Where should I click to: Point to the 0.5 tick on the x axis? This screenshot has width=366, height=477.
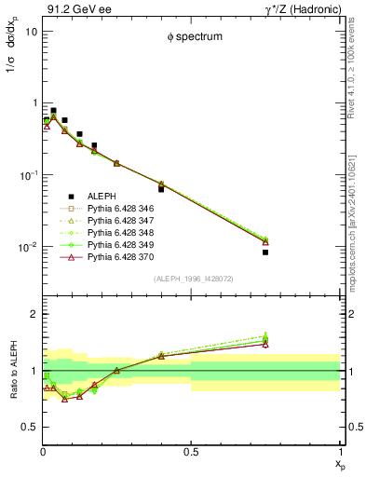pyautogui.click(x=191, y=452)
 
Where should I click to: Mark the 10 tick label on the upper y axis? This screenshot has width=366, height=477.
pyautogui.click(x=30, y=31)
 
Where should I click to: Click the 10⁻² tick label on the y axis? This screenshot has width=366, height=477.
pyautogui.click(x=28, y=247)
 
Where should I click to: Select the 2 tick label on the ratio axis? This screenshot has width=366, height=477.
pyautogui.click(x=34, y=315)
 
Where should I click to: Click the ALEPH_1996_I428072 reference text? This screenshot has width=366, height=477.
pyautogui.click(x=191, y=279)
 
